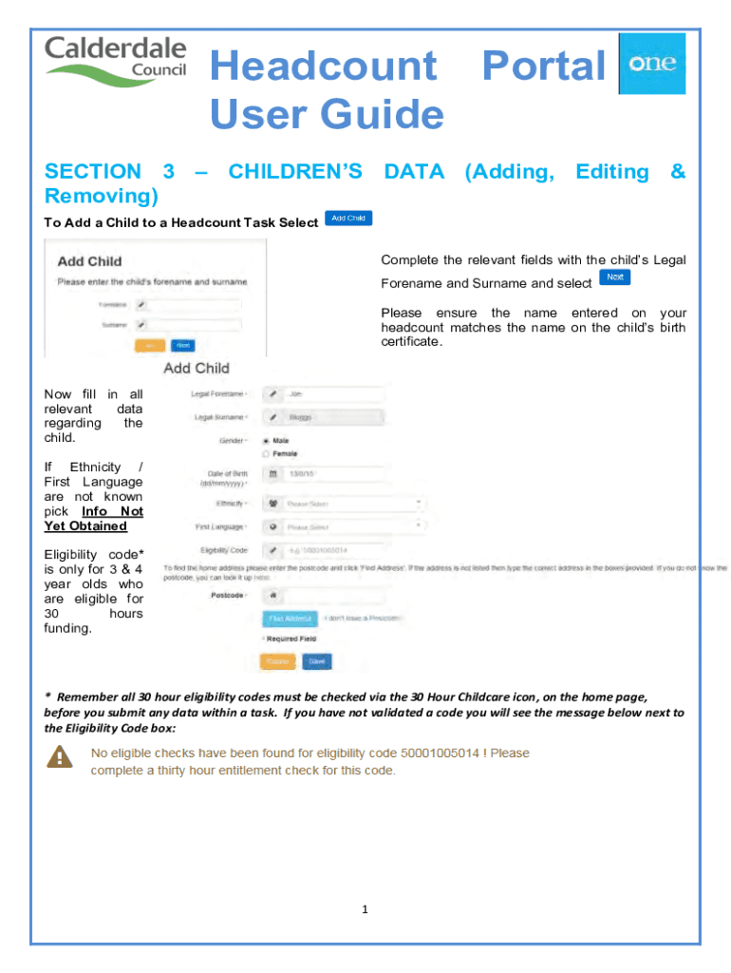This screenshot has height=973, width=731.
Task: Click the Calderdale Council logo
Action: coord(116,60)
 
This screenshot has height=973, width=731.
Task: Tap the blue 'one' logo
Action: coord(652,64)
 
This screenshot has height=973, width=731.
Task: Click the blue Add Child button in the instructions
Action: coord(348,219)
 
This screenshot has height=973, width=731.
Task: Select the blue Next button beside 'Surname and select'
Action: coord(615,277)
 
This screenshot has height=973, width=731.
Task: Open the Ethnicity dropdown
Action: coord(351,504)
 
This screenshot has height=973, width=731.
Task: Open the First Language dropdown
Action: coord(351,525)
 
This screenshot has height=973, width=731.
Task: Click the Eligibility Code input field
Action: coord(332,549)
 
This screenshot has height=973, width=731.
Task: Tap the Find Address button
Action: coord(290,619)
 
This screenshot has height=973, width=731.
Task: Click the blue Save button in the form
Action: coord(317,661)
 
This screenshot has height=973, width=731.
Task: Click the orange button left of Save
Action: coord(278,661)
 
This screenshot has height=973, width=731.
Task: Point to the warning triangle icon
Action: coord(60,756)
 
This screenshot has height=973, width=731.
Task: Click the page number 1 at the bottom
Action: coord(365,909)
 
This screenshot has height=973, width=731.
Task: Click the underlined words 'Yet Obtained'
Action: coord(85,526)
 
